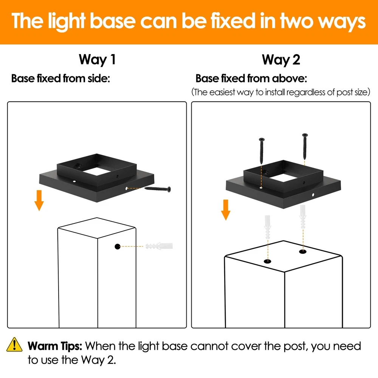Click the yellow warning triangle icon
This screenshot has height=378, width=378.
pos(14,344)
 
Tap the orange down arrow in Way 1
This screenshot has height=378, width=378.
pos(39,200)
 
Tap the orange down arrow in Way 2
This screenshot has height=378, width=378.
pos(226,210)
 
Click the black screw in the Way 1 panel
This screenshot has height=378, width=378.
pos(158,189)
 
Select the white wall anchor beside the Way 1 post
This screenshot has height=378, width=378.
pos(159,246)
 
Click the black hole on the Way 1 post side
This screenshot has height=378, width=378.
pos(118,246)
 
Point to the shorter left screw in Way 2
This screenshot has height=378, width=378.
pos(262,151)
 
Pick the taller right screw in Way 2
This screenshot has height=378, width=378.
pos(305,146)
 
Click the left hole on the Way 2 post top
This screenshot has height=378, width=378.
pos(268,261)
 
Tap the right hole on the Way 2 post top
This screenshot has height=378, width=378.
pos(303,252)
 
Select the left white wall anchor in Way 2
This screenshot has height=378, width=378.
pos(268,227)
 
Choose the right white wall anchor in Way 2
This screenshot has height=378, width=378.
pos(303,217)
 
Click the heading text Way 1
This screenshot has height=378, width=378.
pos(97,60)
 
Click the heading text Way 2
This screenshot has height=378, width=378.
pos(281,60)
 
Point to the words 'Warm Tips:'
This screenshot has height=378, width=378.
pos(55,346)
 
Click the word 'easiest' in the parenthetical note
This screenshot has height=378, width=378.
pos(222,92)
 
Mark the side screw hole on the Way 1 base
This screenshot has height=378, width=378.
pos(127,188)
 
